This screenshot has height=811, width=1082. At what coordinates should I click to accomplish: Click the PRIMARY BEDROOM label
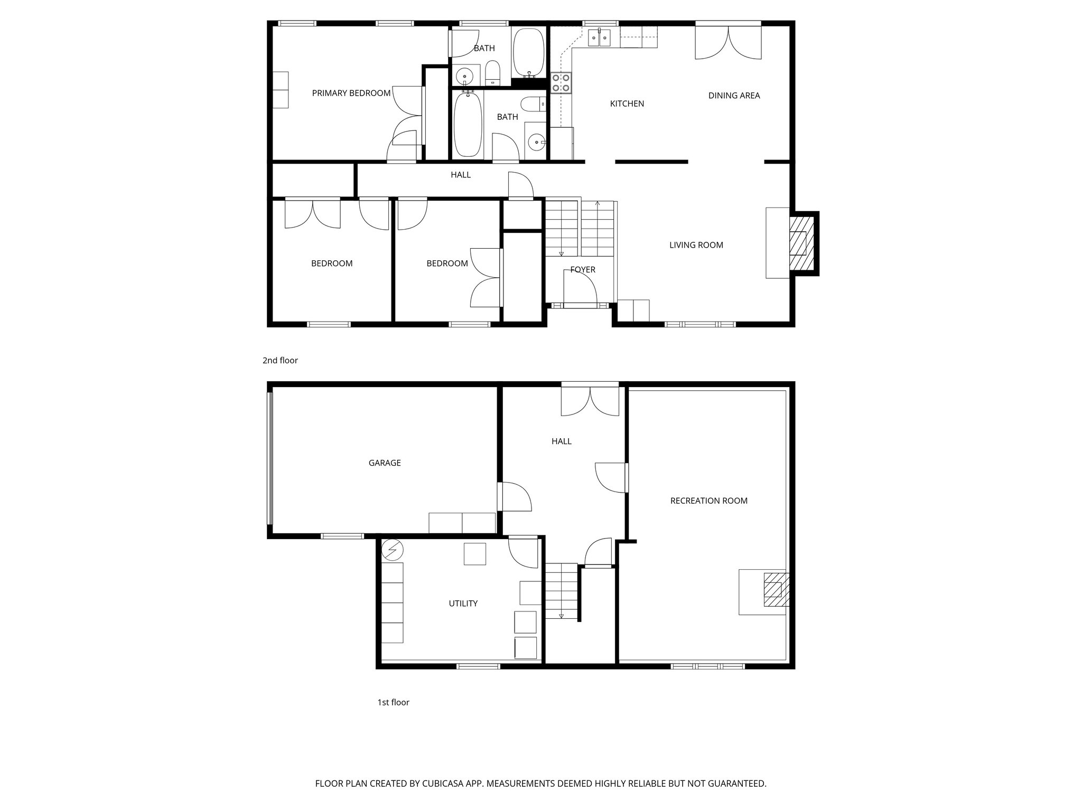click(351, 93)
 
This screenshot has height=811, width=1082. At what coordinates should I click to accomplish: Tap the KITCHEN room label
click(627, 104)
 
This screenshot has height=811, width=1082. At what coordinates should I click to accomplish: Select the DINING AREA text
click(734, 96)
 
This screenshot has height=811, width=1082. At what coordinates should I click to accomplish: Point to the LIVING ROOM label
click(696, 245)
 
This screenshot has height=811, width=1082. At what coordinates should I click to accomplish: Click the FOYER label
click(583, 270)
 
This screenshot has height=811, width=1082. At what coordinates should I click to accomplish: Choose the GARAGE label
click(384, 463)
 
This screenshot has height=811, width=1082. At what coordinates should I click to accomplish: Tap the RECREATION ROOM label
click(708, 501)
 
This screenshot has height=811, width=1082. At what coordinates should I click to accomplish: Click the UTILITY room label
click(463, 603)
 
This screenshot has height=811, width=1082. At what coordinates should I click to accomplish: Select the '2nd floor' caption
click(280, 361)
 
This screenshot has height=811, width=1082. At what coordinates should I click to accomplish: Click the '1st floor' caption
click(393, 702)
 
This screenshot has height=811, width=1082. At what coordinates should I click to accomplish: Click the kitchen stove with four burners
click(561, 83)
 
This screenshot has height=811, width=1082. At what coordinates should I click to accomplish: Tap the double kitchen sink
click(599, 37)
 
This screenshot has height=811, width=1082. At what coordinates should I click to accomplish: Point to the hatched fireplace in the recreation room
click(773, 590)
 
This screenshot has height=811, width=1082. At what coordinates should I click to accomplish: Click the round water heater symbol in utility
click(392, 550)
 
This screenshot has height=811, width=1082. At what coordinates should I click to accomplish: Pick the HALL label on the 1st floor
click(561, 441)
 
